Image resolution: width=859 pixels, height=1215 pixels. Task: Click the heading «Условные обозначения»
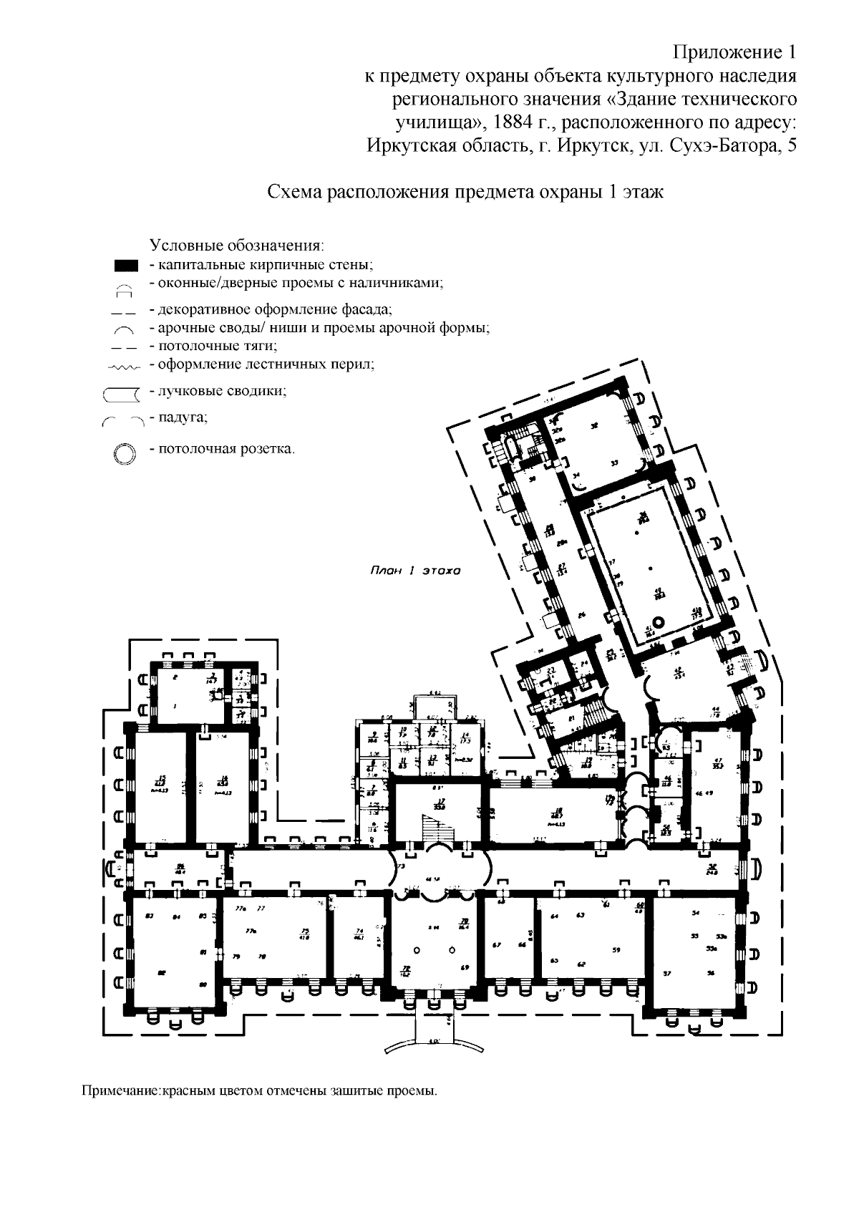(237, 246)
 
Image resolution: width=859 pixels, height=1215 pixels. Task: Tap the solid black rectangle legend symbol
(126, 266)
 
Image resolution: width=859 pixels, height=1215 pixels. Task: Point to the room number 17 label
(442, 800)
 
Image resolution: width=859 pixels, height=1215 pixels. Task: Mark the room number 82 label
(162, 972)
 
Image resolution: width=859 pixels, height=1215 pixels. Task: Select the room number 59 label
(616, 950)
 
